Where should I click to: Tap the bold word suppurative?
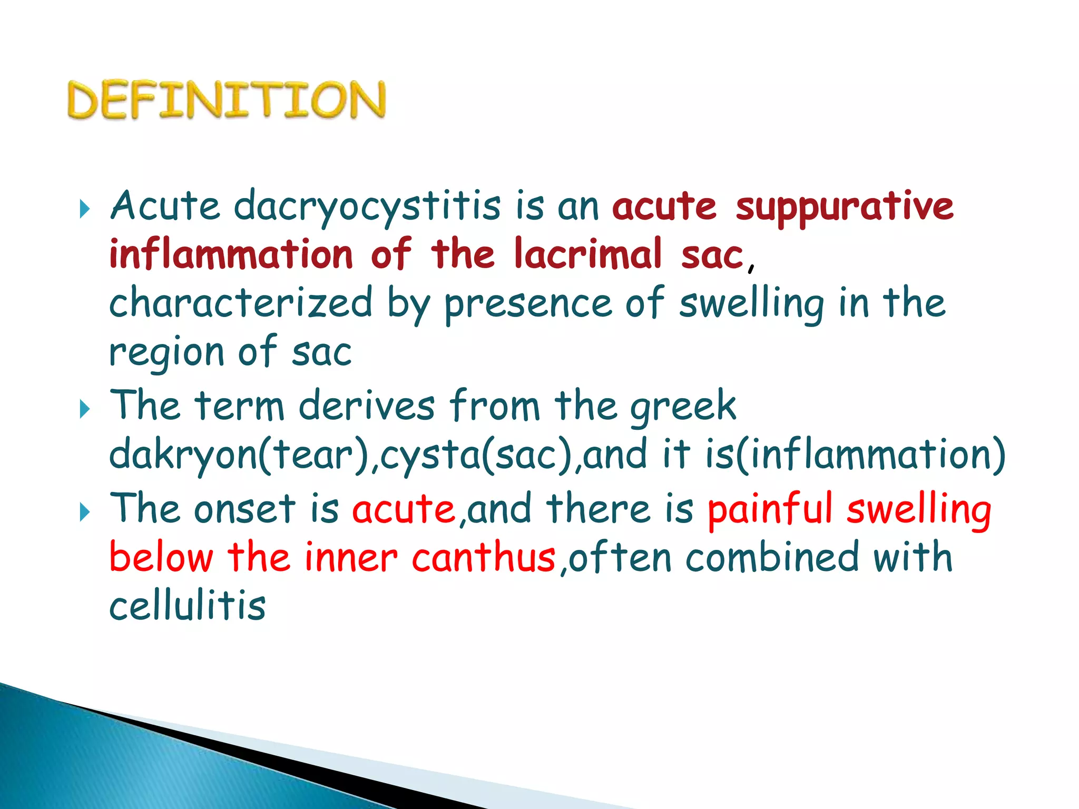[845, 206]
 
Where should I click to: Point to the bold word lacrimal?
[587, 254]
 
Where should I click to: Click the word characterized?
[241, 303]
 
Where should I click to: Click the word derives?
[367, 406]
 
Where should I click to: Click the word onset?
[244, 509]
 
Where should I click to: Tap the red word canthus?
[484, 557]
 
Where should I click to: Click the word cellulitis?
[188, 606]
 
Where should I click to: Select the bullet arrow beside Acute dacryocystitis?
[85, 209]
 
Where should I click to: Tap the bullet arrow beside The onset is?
[85, 511]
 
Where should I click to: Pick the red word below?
[161, 557]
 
